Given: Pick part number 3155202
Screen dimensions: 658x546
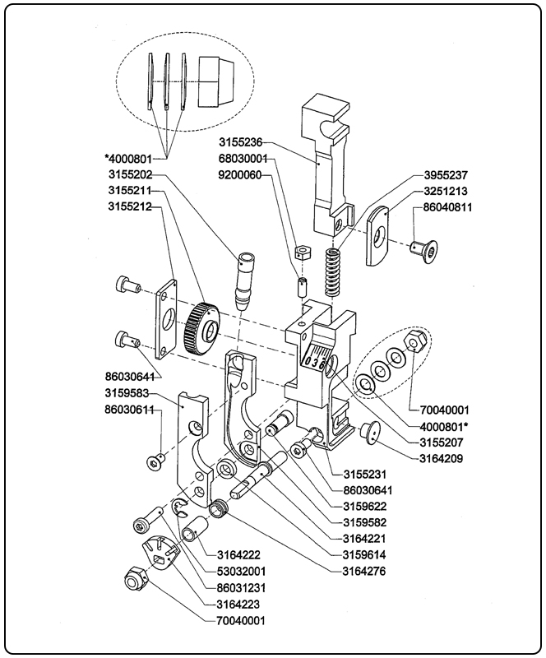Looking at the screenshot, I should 132,174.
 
